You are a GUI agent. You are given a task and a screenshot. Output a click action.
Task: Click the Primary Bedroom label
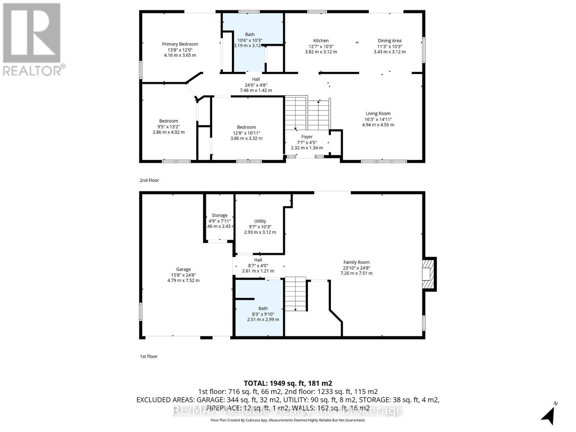point(180,44)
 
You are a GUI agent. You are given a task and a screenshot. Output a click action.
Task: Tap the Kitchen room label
point(321,41)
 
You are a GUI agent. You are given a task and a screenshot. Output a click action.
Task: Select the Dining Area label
point(390,41)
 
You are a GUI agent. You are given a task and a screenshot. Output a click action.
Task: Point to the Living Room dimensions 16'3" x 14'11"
point(378,119)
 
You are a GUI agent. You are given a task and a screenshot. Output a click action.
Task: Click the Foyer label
point(307,137)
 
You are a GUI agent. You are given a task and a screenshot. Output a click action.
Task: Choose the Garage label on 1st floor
point(183,269)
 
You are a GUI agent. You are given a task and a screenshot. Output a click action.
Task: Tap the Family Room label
point(356,262)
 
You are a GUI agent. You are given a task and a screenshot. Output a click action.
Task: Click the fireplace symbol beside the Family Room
point(428,274)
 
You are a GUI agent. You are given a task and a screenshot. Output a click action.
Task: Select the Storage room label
point(220,215)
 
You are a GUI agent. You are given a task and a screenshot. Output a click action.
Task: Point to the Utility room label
point(260,221)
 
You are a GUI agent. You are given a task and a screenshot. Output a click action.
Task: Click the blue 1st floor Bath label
point(263,309)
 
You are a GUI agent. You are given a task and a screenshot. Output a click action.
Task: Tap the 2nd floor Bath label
point(250,35)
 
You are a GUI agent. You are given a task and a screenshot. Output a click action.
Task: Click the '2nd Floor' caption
point(149,180)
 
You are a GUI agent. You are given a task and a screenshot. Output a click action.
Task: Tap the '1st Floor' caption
point(149,356)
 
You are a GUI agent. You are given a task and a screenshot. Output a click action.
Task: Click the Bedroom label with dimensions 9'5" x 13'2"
point(168,121)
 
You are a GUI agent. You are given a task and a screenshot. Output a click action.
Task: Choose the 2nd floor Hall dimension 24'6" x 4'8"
point(256,85)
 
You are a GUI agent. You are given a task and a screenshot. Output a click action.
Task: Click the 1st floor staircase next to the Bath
point(296,293)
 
